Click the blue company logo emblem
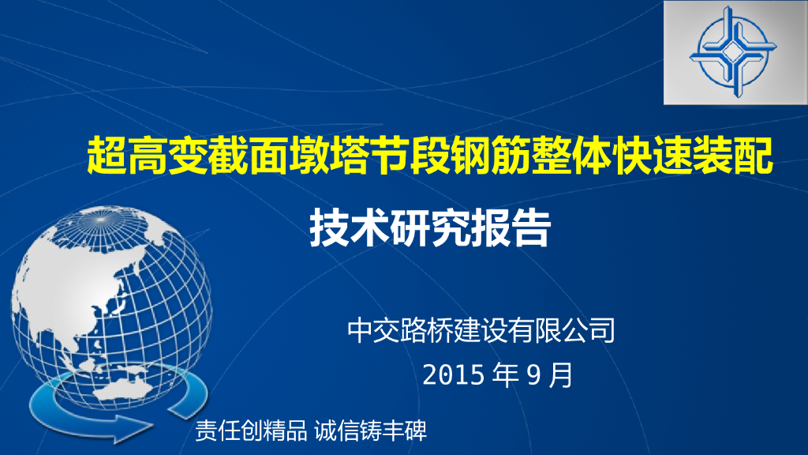click(733, 51)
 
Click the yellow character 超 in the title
click(107, 156)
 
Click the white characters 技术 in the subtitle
click(350, 227)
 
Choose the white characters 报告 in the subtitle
click(511, 227)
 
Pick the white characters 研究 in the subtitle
click(430, 227)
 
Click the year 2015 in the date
click(454, 375)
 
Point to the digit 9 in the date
click(534, 375)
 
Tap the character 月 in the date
click(560, 375)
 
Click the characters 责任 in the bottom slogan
click(217, 431)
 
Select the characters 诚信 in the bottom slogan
click(336, 431)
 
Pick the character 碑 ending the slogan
click(415, 431)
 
